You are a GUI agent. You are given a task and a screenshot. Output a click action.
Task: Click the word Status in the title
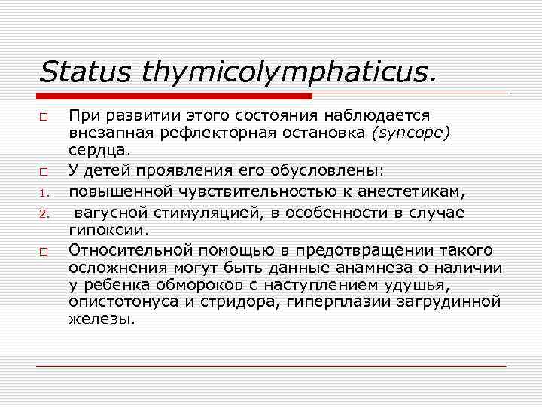tap(80, 72)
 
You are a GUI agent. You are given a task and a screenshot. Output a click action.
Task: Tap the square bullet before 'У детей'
tap(44, 168)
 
